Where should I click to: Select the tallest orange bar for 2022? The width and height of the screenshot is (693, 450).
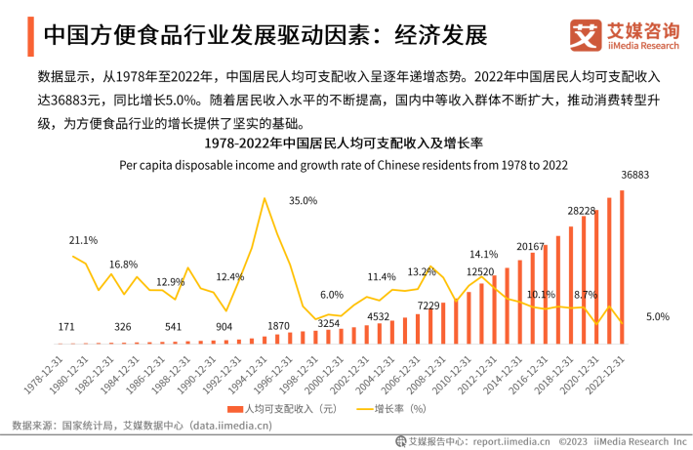[x=622, y=267]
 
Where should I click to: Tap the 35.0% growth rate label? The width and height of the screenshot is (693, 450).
[x=303, y=201]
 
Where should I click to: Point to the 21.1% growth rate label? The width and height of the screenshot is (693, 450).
[x=83, y=240]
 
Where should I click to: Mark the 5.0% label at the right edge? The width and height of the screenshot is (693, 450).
[x=658, y=317]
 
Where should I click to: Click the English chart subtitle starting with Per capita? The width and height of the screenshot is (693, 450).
[x=345, y=165]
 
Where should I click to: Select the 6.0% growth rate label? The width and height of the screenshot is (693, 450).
[x=332, y=295]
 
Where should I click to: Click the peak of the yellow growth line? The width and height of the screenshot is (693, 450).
[x=264, y=198]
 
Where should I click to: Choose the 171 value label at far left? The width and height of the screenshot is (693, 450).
[x=66, y=327]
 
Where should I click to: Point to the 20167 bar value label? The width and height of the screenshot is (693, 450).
[x=531, y=247]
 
